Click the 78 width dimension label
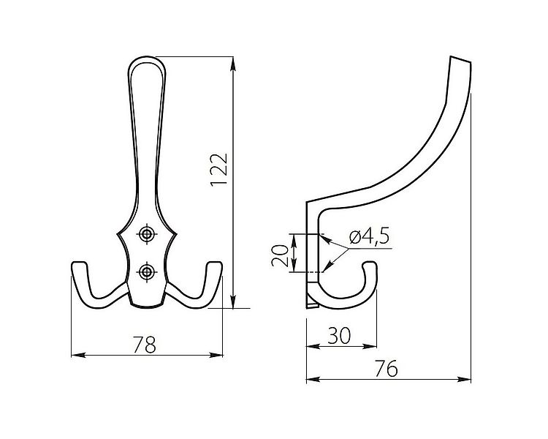click(146, 345)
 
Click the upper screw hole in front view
click(148, 234)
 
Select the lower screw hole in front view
click(148, 272)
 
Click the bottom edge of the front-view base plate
click(147, 306)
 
